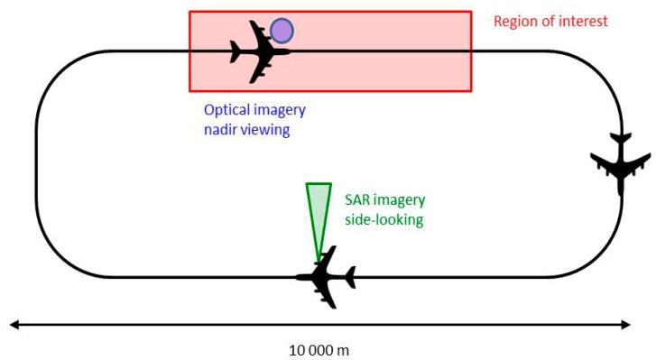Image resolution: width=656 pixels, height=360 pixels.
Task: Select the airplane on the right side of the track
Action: (x=621, y=163)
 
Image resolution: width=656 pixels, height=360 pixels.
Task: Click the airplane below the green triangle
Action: (x=326, y=276)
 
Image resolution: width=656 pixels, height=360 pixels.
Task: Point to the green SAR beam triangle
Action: (x=319, y=212)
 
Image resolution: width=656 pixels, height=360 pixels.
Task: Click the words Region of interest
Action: (x=550, y=21)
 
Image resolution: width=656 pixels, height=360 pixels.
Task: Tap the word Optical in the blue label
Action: (x=226, y=110)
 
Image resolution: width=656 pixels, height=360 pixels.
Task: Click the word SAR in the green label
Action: (x=358, y=199)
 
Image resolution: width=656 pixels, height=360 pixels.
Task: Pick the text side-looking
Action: (x=383, y=219)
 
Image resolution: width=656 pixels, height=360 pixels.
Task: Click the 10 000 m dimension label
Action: (x=319, y=349)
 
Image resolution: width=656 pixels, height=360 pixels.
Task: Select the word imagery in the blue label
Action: (x=279, y=111)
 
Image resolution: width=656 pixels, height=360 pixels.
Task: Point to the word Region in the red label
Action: (x=515, y=21)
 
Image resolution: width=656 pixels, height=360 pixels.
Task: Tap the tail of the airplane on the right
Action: (x=621, y=140)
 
